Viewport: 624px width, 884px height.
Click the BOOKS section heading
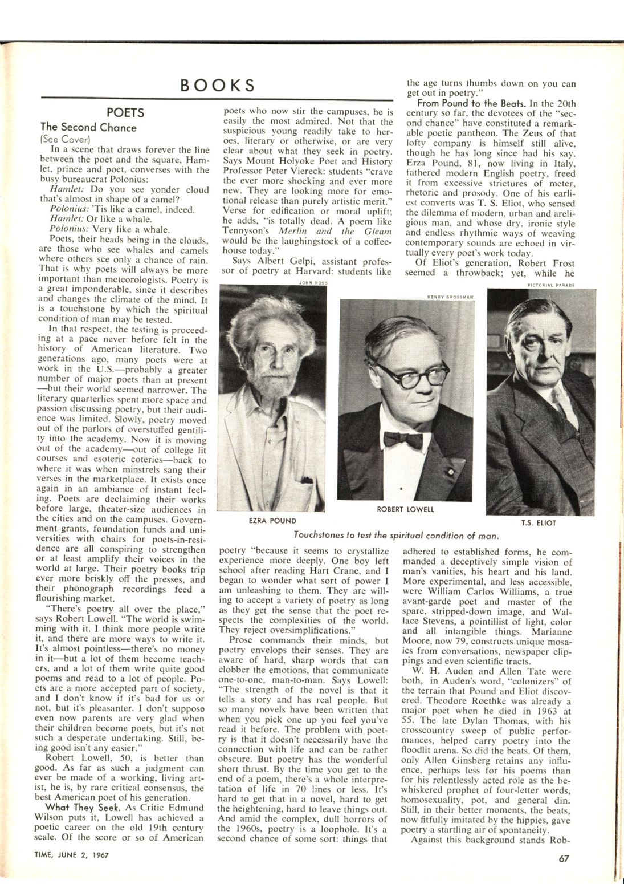tap(218, 86)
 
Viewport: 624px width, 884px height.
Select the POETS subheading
tap(125, 113)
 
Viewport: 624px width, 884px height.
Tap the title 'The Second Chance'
tap(88, 127)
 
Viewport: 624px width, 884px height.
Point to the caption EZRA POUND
tap(272, 521)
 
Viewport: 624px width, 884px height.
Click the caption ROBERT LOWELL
tap(405, 509)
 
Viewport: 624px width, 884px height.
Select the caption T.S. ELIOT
tap(538, 522)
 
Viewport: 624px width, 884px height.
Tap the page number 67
tap(564, 856)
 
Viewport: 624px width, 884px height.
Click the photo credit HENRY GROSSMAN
tap(450, 297)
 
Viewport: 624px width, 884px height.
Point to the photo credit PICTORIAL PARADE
tap(552, 285)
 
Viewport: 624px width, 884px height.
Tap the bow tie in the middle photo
tap(402, 439)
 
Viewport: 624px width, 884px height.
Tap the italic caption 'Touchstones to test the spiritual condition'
tap(397, 536)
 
